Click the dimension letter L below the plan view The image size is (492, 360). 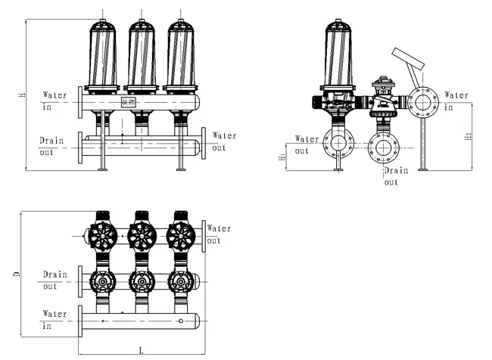[142, 350]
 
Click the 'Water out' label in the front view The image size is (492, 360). [223, 141]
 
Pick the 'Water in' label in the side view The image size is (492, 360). [456, 101]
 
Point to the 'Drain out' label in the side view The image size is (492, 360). [396, 176]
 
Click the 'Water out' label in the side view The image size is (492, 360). [306, 144]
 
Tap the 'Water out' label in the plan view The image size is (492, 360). [220, 234]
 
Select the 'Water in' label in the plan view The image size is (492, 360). [55, 318]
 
